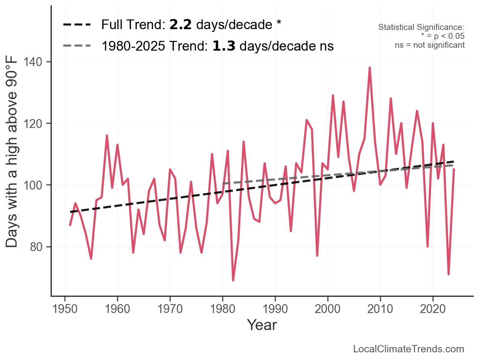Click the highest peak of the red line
click(x=369, y=68)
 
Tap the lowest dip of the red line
click(x=233, y=280)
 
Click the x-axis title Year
click(x=262, y=325)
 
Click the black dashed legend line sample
click(x=77, y=25)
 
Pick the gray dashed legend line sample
click(x=77, y=46)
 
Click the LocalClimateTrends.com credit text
click(x=409, y=349)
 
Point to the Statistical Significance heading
click(x=421, y=28)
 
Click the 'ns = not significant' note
click(x=430, y=45)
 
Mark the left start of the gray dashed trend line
click(x=223, y=183)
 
